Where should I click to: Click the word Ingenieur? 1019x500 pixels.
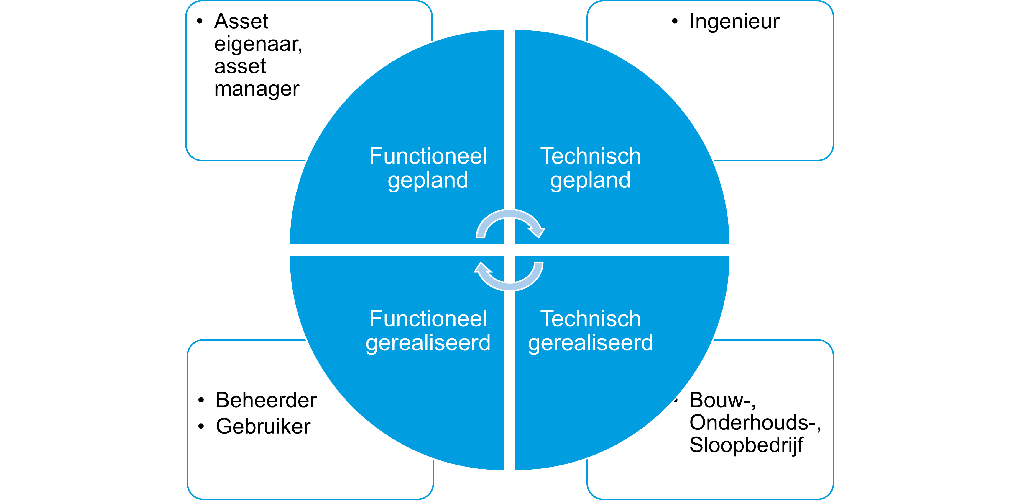click(x=734, y=21)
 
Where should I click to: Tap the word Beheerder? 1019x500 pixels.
click(x=266, y=400)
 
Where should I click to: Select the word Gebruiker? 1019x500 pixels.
click(x=263, y=427)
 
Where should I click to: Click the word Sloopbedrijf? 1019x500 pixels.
click(x=746, y=445)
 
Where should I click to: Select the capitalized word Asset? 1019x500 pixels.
click(x=241, y=21)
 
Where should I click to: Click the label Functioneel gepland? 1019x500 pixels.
click(x=428, y=168)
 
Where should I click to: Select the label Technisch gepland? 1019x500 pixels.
click(x=591, y=168)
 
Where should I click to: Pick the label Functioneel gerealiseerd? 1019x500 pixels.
click(x=428, y=331)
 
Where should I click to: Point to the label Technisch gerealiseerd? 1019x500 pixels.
click(x=591, y=331)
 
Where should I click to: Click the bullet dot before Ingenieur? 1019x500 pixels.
click(x=675, y=21)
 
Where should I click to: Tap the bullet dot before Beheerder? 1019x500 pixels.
click(x=201, y=400)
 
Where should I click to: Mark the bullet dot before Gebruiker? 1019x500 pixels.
click(x=201, y=427)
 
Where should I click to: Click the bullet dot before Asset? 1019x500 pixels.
click(x=200, y=21)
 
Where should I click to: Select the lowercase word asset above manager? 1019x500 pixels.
click(x=240, y=66)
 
